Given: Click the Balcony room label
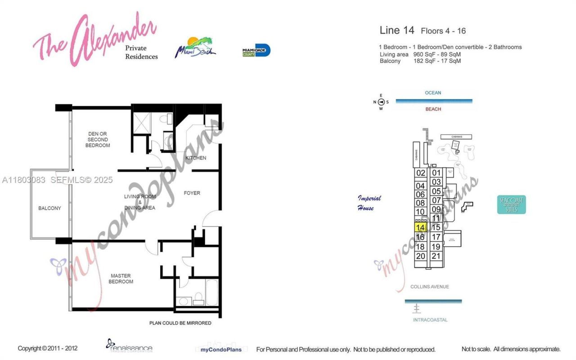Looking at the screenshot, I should [x=49, y=208].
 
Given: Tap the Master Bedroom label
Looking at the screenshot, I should [x=121, y=279].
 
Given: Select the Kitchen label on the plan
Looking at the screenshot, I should [x=196, y=158].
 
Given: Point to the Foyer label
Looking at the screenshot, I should [x=192, y=193].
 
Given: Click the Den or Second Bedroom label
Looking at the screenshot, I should [x=98, y=139].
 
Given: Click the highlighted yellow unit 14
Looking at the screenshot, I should [x=420, y=228].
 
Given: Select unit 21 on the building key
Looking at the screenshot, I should [x=436, y=256].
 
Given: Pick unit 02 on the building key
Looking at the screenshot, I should [x=421, y=173].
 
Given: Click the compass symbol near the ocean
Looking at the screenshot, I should [x=381, y=102].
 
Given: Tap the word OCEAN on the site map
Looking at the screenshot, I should [x=433, y=93].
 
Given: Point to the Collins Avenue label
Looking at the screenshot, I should [x=429, y=287].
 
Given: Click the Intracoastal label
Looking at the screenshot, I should [x=430, y=320].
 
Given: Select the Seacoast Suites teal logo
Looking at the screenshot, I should [x=511, y=205].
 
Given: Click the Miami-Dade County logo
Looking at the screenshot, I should [x=256, y=50].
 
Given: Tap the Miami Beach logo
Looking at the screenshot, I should [x=195, y=48].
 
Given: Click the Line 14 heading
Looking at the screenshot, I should [x=397, y=30].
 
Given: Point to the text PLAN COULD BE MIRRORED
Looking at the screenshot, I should [x=180, y=323].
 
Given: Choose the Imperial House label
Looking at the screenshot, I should [x=369, y=203].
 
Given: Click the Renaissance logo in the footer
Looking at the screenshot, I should [x=130, y=346].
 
